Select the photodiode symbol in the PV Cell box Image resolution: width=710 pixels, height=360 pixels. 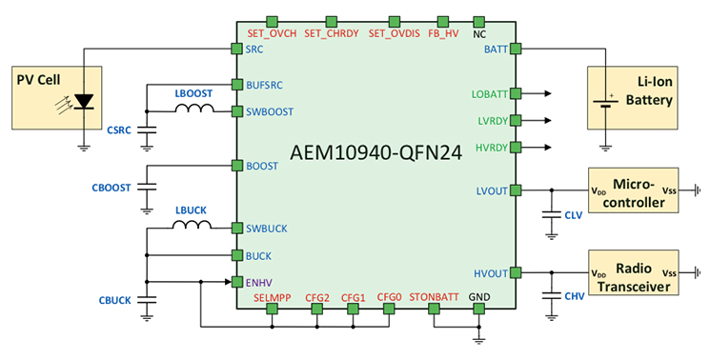pos(84,100)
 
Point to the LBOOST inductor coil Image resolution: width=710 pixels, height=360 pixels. pos(194,110)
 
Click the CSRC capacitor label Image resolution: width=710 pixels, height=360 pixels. pos(119,129)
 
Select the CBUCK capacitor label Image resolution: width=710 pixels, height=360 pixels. pos(114,301)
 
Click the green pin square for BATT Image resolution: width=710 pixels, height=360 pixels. pos(516,48)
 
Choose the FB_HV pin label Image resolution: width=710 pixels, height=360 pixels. pos(443,34)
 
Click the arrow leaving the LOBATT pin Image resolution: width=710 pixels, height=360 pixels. pos(544,94)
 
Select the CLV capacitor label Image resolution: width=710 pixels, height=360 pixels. pos(573,215)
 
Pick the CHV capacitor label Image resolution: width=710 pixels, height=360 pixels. pos(574,296)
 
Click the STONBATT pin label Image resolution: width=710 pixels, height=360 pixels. pos(434,296)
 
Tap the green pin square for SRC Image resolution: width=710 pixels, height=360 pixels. pos(237,48)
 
